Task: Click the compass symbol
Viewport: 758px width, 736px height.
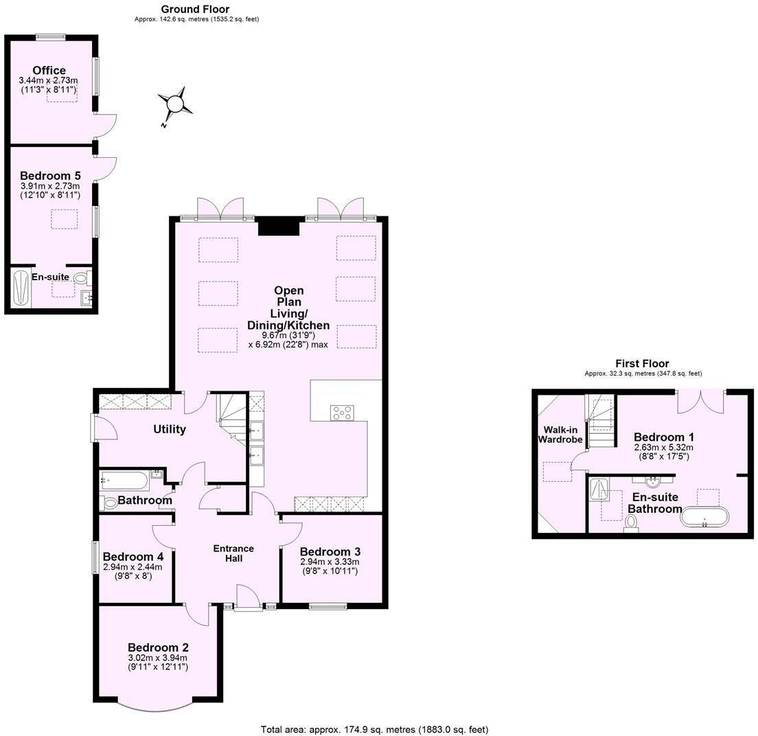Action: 175,104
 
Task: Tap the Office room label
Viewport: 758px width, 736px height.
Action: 49,70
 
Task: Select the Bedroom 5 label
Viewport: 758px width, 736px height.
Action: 49,175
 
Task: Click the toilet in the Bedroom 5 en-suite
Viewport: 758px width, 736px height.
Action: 81,278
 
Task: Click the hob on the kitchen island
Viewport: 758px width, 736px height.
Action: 342,413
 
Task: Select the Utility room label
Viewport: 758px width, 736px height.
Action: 169,429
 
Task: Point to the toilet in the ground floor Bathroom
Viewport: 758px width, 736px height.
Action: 110,503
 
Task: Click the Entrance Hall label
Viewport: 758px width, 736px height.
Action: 233,553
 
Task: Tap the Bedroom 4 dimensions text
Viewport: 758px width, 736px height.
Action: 132,571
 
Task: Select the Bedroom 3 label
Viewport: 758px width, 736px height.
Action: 330,551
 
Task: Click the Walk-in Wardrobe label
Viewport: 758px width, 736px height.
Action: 560,435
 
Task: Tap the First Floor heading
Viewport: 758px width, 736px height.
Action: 641,363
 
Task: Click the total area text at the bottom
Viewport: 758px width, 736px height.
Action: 374,729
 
